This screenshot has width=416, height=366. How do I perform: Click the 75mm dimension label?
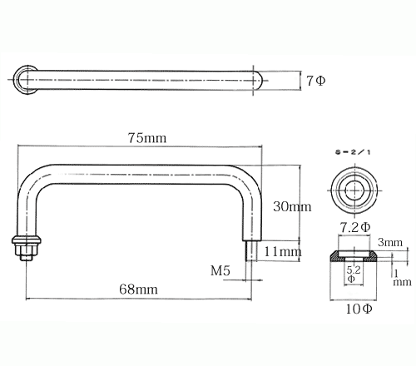point(147,138)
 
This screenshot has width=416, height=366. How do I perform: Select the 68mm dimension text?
point(138,289)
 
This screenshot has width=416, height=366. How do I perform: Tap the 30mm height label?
point(292,206)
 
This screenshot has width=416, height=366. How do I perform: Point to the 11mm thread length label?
point(283,252)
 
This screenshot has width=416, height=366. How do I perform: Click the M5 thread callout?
point(220,270)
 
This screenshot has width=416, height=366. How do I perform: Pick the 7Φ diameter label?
point(316,81)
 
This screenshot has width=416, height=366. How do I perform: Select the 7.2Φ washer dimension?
point(355,228)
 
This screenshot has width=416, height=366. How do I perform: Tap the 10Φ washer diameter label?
point(359,309)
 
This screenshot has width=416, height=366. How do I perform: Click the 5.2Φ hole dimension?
point(353,274)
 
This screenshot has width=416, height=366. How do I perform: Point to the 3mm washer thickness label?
point(390,242)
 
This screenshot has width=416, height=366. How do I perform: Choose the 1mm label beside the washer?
point(402,278)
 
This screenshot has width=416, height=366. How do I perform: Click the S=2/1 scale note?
point(353,152)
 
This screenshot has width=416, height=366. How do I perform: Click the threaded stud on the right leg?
point(251,250)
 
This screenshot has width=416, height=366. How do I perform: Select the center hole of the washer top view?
point(355,190)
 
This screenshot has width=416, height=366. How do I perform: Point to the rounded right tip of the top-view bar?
point(259,81)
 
